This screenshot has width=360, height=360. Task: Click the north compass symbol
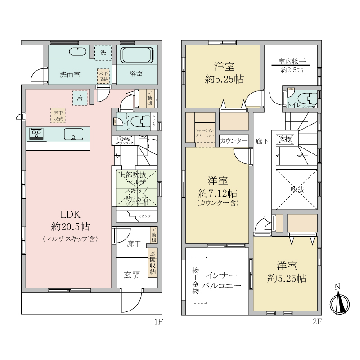pyautogui.click(x=339, y=304)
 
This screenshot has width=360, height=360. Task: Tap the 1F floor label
pyautogui.click(x=157, y=322)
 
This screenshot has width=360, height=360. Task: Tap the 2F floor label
pyautogui.click(x=318, y=322)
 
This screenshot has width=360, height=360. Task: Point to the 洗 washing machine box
pyautogui.click(x=103, y=53)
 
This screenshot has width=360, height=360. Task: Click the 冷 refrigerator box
pyautogui.click(x=80, y=98)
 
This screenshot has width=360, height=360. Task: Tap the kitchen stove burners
pyautogui.click(x=36, y=134)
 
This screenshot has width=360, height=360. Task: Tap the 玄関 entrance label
pyautogui.click(x=133, y=274)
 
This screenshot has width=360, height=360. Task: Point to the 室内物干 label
pyautogui.click(x=292, y=62)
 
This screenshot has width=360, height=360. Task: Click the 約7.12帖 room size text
pyautogui.click(x=218, y=193)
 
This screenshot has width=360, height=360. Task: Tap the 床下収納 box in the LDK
pyautogui.click(x=58, y=115)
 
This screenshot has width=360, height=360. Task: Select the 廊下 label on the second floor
pyautogui.click(x=262, y=141)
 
